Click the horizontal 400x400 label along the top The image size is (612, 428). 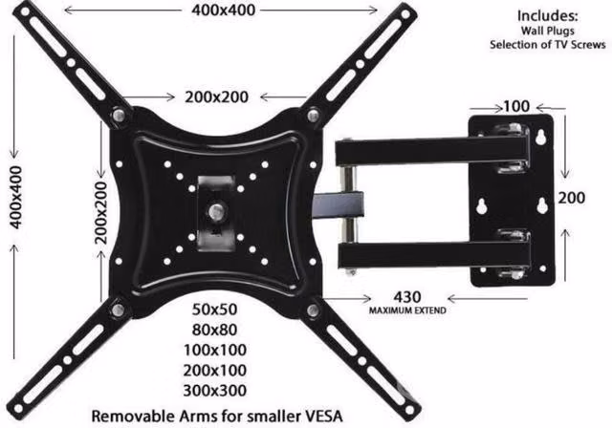223,11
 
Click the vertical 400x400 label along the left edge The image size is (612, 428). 15,197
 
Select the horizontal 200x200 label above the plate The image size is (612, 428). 217,97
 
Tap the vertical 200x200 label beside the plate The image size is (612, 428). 101,213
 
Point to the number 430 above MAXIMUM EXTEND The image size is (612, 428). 407,297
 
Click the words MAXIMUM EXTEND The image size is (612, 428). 407,310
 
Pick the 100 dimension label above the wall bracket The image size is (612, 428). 516,106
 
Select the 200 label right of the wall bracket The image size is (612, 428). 572,198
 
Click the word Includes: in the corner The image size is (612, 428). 547,16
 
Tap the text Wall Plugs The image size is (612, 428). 548,31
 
